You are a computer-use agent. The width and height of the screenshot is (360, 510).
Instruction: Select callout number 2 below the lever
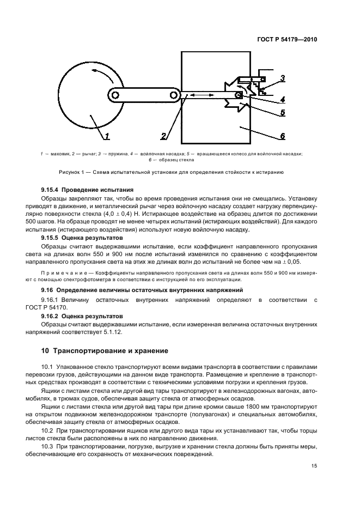point(163,136)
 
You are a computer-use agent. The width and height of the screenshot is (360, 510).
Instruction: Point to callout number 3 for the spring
point(282,78)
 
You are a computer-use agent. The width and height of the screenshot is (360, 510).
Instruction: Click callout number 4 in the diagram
point(282,99)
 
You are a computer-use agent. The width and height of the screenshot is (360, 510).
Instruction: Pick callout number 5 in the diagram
point(282,113)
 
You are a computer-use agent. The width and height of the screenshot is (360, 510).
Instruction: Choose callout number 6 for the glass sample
point(282,136)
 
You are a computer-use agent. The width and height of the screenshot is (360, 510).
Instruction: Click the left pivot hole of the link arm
point(115,95)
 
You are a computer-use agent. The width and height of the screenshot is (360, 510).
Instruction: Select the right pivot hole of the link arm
point(173,95)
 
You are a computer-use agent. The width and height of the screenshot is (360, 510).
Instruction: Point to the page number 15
point(314,466)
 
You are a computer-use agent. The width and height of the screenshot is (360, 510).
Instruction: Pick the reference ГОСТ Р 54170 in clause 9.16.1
point(59,308)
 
